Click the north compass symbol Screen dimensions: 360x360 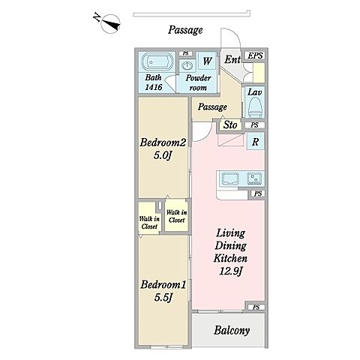point(110,24)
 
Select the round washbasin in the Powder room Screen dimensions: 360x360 point(187,66)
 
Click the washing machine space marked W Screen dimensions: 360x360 point(207,61)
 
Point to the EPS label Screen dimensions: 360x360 point(255,55)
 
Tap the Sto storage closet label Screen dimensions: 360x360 point(230,124)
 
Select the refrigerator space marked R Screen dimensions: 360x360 point(255,142)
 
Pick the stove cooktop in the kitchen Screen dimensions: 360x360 point(254,178)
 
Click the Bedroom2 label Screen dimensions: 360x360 point(163,142)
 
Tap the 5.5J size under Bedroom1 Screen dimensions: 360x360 point(163,297)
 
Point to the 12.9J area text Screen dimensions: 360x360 point(230,271)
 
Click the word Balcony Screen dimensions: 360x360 point(232,330)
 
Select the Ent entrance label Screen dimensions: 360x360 point(232,60)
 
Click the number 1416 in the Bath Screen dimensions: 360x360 point(154,87)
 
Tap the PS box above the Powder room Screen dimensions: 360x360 point(185,54)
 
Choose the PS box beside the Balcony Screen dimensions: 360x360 point(256,307)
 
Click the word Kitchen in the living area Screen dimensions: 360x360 point(230,258)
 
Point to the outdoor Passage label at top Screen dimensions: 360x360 point(185,30)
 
